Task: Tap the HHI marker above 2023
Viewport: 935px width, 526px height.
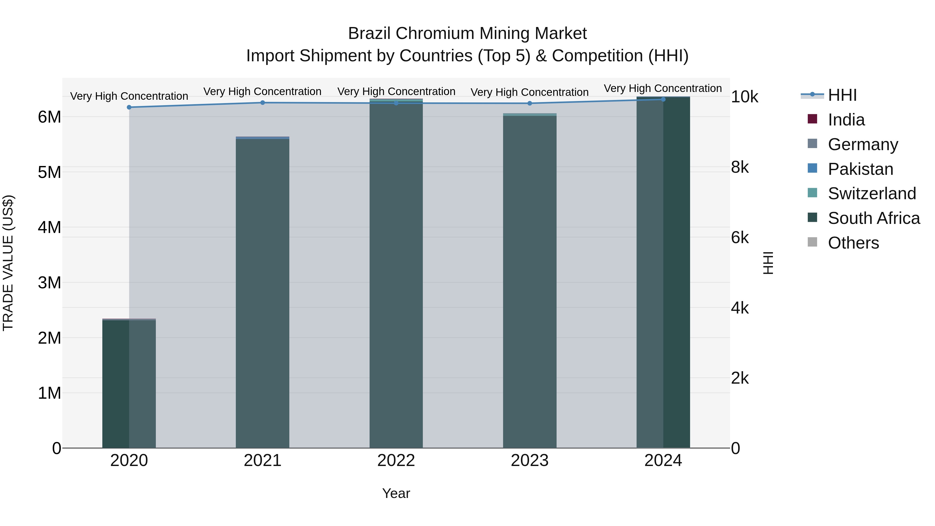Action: coord(530,103)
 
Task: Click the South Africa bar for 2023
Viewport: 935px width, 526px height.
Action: coord(530,283)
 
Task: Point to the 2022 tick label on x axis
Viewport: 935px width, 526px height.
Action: coord(396,461)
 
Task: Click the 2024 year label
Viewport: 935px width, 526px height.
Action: coord(663,461)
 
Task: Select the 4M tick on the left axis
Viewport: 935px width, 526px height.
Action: coord(49,227)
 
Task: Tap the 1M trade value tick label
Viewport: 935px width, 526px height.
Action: coord(49,393)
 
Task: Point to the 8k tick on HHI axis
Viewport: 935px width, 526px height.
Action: coord(740,167)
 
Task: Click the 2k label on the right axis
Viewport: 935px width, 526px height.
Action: coord(740,378)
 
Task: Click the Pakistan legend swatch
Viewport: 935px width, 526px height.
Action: coord(812,168)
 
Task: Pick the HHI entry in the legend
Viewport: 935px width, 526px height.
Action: coord(842,95)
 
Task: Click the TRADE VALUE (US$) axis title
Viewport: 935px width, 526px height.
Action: coord(8,263)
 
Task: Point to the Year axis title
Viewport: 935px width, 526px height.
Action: coord(396,493)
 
